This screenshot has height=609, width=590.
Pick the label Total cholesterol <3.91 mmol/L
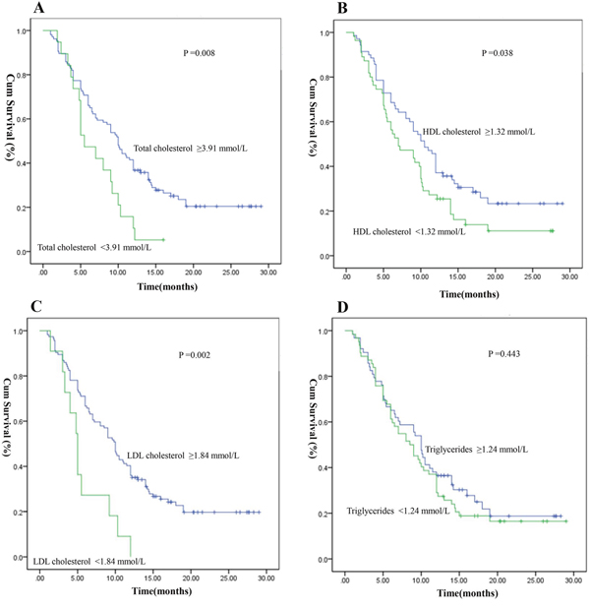click(x=88, y=246)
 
